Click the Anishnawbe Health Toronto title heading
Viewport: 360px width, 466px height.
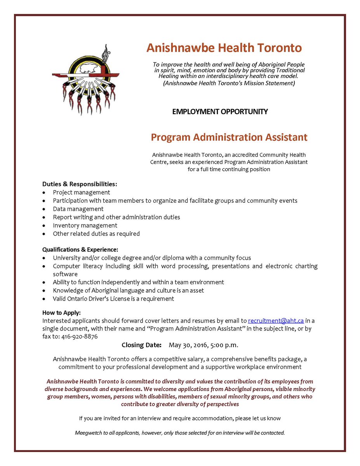224,48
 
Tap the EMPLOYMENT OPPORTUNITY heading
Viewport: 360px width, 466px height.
220,112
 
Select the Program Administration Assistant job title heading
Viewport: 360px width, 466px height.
229,137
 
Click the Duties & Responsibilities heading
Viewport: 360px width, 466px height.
80,184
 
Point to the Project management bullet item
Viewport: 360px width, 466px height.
82,192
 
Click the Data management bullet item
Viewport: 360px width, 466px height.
78,209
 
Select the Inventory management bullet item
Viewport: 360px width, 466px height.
85,225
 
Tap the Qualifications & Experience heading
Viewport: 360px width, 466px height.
80,249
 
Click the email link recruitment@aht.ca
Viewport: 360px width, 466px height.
276,321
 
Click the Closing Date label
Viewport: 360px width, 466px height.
141,345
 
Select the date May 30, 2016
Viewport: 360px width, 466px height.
189,345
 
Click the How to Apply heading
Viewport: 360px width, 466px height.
61,313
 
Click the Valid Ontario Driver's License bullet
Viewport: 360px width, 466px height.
113,299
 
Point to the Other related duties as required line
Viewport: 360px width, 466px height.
96,234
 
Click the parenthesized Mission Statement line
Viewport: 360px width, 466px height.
229,83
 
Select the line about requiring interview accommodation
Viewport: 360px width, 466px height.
180,418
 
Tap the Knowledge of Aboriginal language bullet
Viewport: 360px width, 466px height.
128,290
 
